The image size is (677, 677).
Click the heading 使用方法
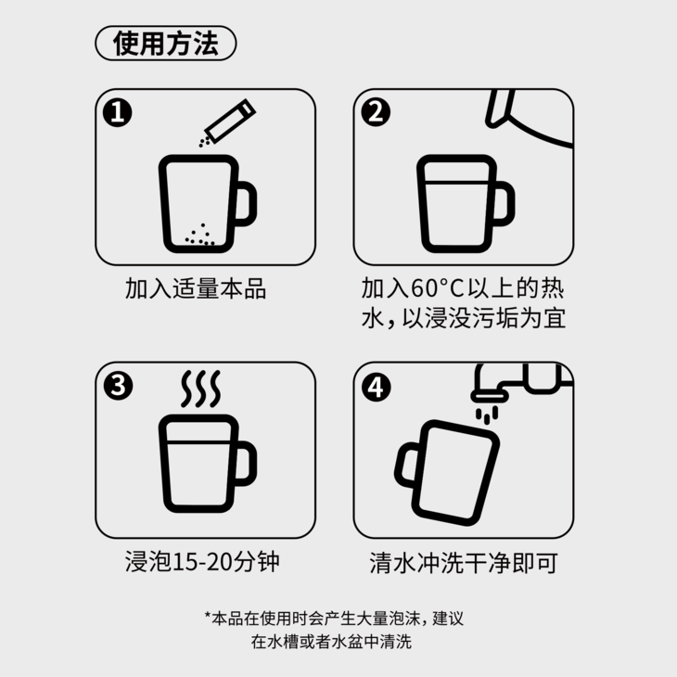(166, 44)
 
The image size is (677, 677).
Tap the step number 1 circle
(118, 112)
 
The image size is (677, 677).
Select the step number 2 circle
(376, 112)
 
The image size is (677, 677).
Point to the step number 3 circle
(118, 386)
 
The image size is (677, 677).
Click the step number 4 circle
(377, 387)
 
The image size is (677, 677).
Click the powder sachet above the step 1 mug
(230, 121)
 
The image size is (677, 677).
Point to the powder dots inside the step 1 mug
(200, 236)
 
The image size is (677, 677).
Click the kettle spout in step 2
(499, 109)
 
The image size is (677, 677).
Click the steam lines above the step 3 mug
(200, 389)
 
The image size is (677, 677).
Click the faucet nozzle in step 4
(490, 395)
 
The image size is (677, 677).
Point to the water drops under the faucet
(487, 415)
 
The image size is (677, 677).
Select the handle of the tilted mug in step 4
(406, 465)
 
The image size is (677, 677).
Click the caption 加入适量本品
(196, 288)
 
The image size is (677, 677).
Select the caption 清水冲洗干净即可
(464, 563)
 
